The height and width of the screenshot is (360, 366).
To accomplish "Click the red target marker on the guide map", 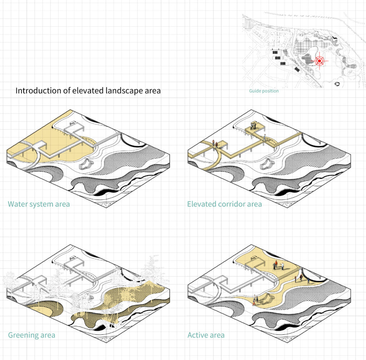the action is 319,61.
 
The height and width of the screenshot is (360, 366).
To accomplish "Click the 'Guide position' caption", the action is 264,91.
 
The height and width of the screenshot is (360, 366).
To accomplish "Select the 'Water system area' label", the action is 39,204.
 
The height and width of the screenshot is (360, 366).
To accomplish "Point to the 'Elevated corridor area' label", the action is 224,204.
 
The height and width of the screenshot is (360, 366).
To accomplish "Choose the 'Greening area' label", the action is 31,335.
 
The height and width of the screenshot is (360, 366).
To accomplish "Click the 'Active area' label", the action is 206,335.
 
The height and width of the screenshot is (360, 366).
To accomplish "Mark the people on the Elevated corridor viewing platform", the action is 253,126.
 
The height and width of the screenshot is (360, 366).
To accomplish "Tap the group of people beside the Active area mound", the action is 255,300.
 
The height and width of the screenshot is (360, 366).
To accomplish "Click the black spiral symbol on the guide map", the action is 337,84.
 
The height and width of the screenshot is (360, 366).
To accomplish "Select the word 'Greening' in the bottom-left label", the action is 23,335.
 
